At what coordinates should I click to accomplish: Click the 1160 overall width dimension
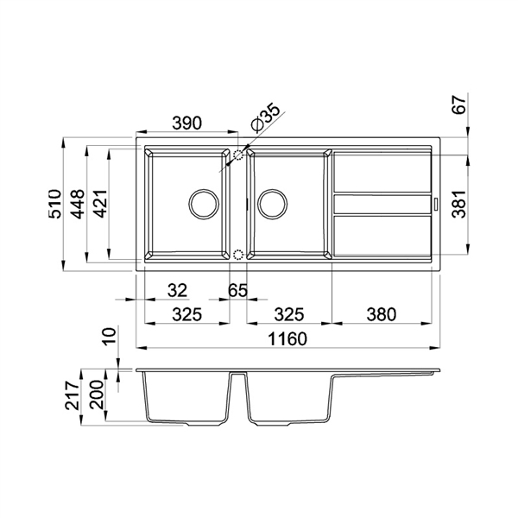(287, 338)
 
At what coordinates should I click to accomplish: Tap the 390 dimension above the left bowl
(187, 123)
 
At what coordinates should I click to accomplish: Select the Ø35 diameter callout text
(265, 118)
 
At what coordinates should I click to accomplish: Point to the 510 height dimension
(54, 204)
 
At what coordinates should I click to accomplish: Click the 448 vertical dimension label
(78, 204)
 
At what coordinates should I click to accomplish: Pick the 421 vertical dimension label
(100, 204)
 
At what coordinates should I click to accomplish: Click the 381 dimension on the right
(459, 204)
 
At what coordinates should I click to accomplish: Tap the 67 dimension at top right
(459, 104)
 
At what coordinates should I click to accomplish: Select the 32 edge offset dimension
(177, 290)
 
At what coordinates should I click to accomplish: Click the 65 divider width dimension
(237, 290)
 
